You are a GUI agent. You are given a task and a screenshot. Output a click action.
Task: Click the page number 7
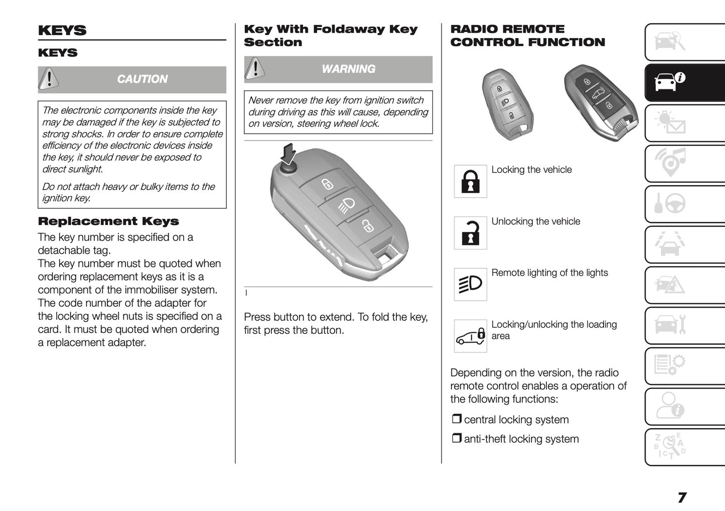click(682, 497)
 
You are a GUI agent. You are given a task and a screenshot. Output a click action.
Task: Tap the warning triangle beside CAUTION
click(49, 79)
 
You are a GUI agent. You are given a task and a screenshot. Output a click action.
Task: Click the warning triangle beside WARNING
click(255, 68)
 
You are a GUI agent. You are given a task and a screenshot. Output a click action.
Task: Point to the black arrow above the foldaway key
click(288, 154)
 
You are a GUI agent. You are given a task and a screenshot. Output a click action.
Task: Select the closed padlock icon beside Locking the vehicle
click(470, 181)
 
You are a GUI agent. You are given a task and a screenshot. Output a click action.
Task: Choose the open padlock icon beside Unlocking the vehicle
click(470, 233)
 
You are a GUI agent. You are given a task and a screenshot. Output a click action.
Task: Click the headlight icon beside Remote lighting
click(470, 284)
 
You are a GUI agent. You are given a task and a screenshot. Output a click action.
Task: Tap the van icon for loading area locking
click(470, 336)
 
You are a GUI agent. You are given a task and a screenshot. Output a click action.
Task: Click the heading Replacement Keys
click(108, 221)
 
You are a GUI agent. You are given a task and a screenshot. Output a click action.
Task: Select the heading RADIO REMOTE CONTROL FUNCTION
click(527, 36)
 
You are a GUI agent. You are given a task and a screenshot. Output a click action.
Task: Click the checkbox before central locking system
click(456, 419)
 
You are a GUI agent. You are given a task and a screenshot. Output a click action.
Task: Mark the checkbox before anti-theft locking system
click(456, 438)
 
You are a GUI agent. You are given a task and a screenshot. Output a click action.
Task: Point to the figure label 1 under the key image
click(246, 293)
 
